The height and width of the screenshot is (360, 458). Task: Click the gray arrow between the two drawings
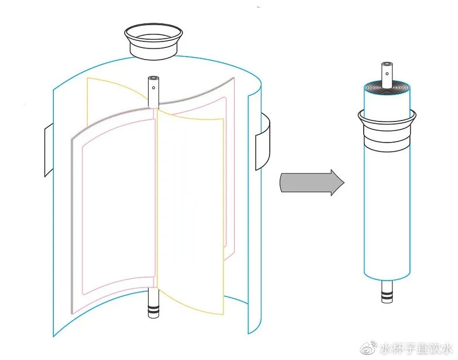[x=312, y=182]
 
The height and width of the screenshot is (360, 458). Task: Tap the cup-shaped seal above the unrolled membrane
[x=153, y=41]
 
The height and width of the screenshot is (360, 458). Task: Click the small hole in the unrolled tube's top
[x=153, y=88]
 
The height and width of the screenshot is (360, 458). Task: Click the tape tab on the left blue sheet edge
[x=49, y=150]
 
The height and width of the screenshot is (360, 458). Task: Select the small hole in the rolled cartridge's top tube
[x=387, y=74]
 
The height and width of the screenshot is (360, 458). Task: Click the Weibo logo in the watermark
[x=369, y=348]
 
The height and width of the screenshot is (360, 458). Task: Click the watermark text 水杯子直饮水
[x=416, y=349]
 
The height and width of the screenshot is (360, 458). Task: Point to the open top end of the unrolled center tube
[x=153, y=78]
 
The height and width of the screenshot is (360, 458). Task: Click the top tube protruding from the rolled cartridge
[x=387, y=74]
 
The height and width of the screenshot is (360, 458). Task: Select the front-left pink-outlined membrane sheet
[x=114, y=210]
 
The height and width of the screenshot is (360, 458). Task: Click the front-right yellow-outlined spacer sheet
[x=191, y=213]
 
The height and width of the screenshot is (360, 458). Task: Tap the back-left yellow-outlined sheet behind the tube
[x=117, y=94]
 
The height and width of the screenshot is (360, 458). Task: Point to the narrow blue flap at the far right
[x=254, y=213]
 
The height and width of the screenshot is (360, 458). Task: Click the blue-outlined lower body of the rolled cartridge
[x=387, y=213]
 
